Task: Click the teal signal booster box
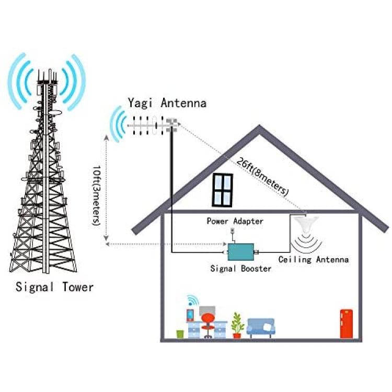click(241, 252)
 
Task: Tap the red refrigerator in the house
click(346, 324)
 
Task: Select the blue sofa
click(261, 328)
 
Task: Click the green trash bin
click(180, 335)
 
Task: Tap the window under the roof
click(222, 190)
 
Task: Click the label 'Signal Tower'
click(54, 287)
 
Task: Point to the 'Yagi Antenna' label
click(167, 103)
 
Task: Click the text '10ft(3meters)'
click(97, 195)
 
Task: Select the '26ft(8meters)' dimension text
click(262, 176)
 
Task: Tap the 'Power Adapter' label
click(235, 221)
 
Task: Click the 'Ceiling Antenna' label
click(314, 259)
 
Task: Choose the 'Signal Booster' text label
click(241, 269)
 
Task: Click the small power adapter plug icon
click(233, 230)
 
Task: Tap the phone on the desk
click(190, 315)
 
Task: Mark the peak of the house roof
click(259, 126)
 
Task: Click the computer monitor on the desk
click(207, 310)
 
